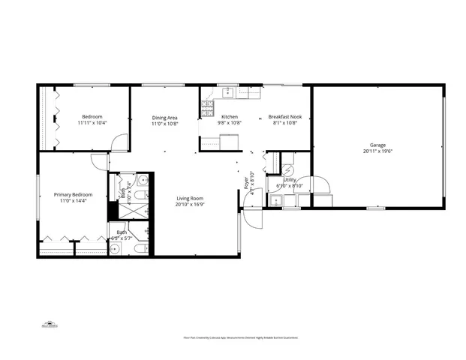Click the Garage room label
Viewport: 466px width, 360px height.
377,145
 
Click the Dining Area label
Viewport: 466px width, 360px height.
164,117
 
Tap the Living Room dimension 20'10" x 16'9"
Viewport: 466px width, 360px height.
191,204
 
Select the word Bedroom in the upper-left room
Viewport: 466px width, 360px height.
92,116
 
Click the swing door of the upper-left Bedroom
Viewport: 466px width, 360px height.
119,142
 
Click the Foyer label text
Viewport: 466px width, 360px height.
245,181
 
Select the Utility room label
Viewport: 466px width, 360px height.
289,180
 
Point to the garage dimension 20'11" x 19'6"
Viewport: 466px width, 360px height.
377,151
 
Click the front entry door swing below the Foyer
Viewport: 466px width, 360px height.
252,217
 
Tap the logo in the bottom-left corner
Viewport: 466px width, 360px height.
49,325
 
